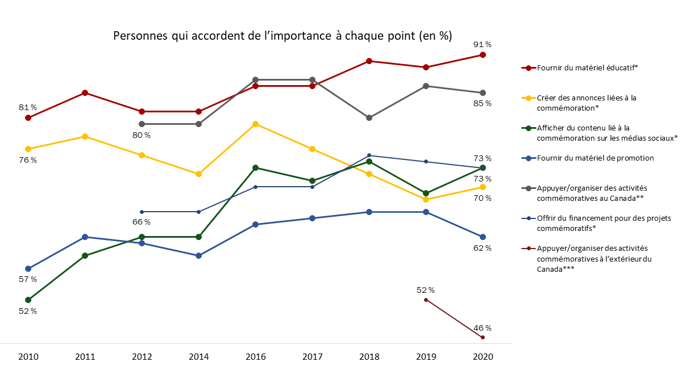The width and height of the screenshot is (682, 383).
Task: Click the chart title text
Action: tap(282, 36)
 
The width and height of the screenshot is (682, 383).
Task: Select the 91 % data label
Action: tap(483, 44)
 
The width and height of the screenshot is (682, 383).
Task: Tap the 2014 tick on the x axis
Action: tap(198, 357)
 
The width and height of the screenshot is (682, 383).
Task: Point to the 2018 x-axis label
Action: tap(369, 357)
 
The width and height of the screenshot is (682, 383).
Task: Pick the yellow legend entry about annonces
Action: tap(585, 102)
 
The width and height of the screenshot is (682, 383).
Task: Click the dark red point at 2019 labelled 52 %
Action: tap(426, 300)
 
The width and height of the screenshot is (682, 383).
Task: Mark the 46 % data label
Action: tap(483, 328)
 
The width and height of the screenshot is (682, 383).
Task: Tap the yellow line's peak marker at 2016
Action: tap(255, 124)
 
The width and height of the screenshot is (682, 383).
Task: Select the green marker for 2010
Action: tap(28, 300)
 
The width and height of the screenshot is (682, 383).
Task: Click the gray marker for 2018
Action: tap(369, 117)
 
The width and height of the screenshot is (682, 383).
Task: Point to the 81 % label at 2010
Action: tap(27, 107)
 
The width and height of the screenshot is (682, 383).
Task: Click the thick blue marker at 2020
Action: tap(483, 237)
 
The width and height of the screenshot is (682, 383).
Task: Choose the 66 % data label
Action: tap(142, 222)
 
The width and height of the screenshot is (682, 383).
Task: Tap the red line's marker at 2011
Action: tap(85, 92)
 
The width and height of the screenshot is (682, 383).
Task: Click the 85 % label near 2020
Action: tap(483, 103)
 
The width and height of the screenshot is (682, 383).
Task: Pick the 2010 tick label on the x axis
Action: tap(28, 357)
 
